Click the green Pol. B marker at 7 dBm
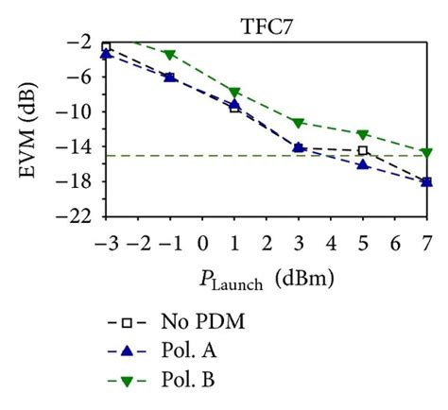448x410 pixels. (x=426, y=152)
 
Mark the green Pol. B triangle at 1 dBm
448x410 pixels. (x=234, y=93)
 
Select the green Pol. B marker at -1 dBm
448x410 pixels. (x=170, y=55)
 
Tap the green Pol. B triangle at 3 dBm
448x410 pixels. (x=299, y=123)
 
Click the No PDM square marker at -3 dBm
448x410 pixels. (x=107, y=46)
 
